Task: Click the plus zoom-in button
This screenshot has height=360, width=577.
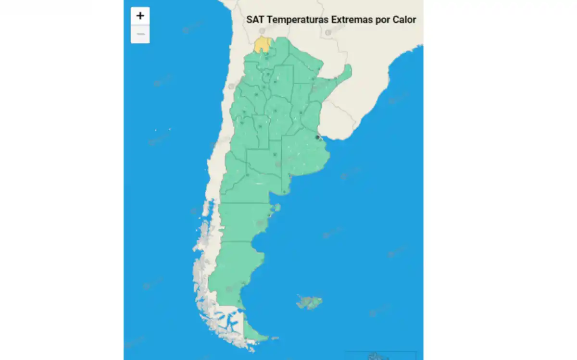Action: point(140,16)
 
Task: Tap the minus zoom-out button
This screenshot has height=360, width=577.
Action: point(140,34)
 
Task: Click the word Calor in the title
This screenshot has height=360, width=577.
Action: point(404,20)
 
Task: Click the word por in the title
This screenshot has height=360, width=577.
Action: point(382,20)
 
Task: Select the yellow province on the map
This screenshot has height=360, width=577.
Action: point(262,45)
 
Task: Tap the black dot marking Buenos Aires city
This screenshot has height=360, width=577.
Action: point(317,137)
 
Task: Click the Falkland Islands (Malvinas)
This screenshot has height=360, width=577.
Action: point(309,302)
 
